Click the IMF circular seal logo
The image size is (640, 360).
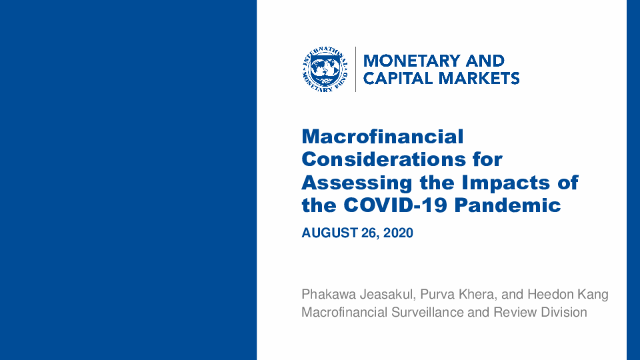325,69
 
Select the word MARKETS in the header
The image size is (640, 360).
479,78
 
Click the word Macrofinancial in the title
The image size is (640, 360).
382,137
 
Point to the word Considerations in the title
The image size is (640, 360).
384,159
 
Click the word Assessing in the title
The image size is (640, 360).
357,183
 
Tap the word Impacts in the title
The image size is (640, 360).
506,183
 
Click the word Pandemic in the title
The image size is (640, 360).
508,205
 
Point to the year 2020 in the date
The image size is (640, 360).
398,233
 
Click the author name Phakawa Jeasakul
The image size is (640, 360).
358,294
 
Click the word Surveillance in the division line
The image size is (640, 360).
428,312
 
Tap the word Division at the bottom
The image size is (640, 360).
564,312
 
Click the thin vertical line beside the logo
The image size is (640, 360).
356,69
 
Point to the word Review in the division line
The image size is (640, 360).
515,312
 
